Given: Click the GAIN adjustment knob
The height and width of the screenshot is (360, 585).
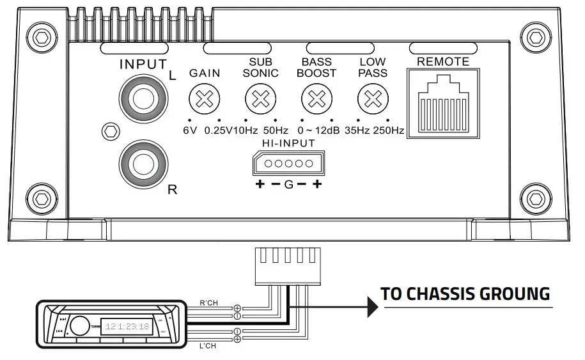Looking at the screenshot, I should coord(204,98).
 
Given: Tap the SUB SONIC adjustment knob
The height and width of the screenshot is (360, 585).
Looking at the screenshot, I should coord(260,98).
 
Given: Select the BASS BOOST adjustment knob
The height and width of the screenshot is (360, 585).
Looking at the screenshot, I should coord(316,98).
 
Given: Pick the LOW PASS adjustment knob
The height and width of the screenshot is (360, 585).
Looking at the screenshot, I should coord(372,98).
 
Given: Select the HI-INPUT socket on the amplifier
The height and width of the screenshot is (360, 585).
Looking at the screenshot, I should coord(288,164).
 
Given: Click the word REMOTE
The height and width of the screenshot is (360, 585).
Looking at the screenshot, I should coord(442,62).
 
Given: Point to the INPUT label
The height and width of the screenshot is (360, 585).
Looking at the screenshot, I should coord(143,65).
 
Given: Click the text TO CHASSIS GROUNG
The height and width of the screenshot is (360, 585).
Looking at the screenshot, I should coord(465,294).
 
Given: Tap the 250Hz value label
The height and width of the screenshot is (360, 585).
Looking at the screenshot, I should coord(389,130).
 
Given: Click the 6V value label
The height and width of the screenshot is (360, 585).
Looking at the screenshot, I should coord(189,130).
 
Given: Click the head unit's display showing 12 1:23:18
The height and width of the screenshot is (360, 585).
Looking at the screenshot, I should coord(128,325).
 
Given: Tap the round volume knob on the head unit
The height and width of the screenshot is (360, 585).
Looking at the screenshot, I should coord(79,325).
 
